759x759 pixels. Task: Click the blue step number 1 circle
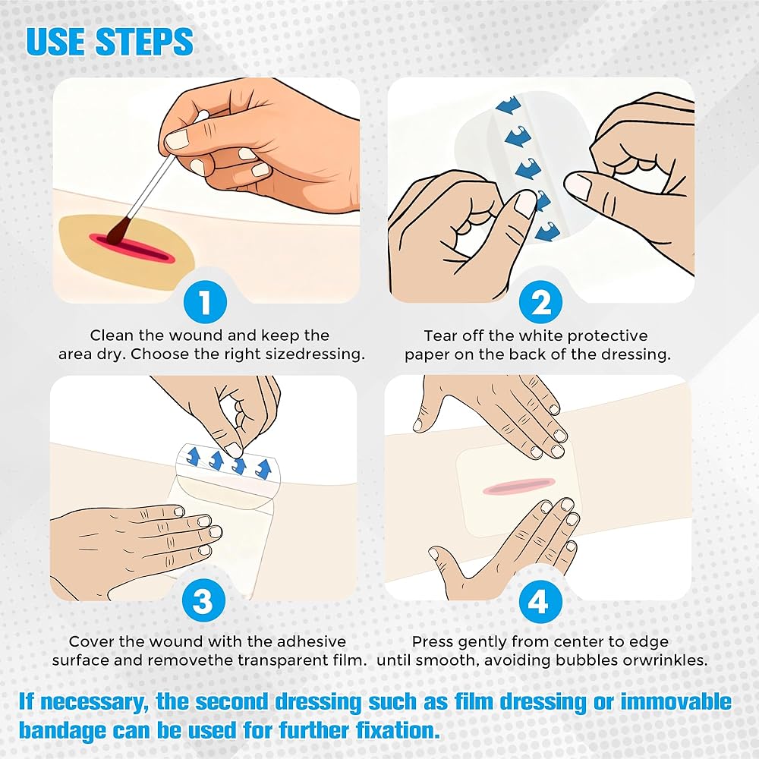pyautogui.click(x=205, y=302)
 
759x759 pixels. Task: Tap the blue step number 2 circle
pyautogui.click(x=540, y=302)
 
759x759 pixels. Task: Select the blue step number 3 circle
pyautogui.click(x=203, y=600)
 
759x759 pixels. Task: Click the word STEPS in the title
pyautogui.click(x=145, y=41)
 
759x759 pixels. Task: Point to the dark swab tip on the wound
pyautogui.click(x=118, y=230)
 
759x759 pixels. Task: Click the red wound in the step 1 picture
pyautogui.click(x=132, y=248)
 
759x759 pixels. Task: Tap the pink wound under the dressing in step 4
pyautogui.click(x=518, y=486)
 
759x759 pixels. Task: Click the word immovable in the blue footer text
pyautogui.click(x=676, y=702)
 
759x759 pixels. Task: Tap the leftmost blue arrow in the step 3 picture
pyautogui.click(x=194, y=456)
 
